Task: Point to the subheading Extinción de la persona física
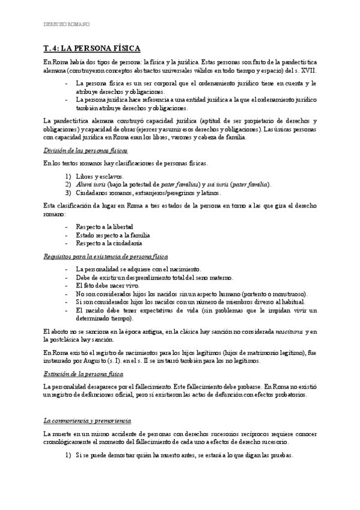click(84, 374)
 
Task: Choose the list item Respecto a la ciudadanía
click(109, 244)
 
